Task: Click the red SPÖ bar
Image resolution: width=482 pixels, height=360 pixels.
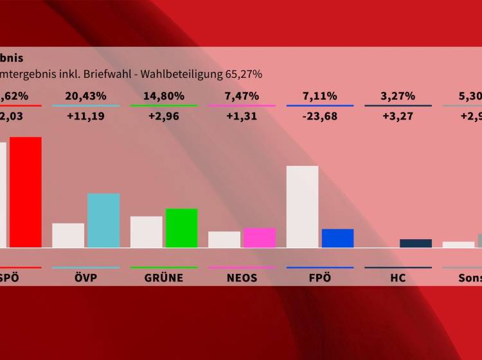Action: point(25,192)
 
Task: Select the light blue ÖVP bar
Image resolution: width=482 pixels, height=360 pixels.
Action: point(103,221)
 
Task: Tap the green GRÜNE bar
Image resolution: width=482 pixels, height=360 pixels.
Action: point(182,228)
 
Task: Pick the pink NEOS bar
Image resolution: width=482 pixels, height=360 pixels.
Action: point(260,238)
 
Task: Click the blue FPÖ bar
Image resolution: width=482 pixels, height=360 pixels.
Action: point(337,238)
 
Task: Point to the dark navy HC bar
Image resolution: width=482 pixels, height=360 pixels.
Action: point(416,243)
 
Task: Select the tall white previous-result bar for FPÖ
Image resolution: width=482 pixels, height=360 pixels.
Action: point(302,206)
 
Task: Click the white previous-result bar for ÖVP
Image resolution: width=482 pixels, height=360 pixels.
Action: point(68,235)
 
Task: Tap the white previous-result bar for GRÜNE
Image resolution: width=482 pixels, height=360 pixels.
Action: point(147,231)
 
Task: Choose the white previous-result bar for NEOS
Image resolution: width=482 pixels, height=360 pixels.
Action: point(224,239)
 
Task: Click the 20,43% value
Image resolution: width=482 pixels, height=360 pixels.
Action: point(85,96)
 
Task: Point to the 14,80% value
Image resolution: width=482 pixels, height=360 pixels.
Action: point(164,96)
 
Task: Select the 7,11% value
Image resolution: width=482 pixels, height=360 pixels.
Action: point(320,96)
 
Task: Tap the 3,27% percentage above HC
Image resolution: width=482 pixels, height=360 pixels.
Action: point(398,96)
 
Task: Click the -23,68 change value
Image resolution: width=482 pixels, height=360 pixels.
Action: point(320,116)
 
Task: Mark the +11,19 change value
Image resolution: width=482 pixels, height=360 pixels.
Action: point(85,116)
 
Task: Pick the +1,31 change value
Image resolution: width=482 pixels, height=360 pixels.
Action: point(242,116)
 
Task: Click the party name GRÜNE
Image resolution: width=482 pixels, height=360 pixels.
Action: point(164,278)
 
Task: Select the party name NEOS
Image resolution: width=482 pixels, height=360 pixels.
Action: point(242,278)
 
